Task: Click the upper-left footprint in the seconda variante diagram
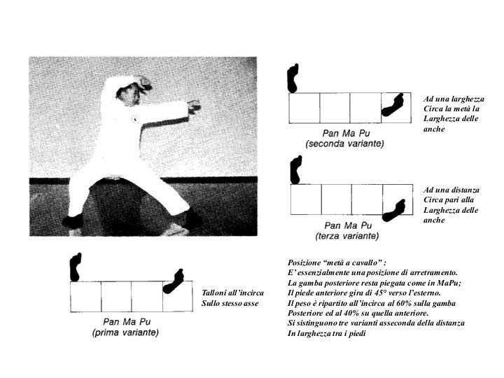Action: (x=293, y=78)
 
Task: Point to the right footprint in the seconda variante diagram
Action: (x=394, y=105)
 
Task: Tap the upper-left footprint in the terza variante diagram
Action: (x=295, y=170)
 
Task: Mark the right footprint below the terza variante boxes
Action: (x=394, y=209)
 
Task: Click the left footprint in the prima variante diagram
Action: (x=75, y=267)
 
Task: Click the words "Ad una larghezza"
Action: (x=454, y=99)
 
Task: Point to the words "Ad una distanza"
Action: (x=451, y=190)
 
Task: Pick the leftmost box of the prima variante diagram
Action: (x=85, y=297)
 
